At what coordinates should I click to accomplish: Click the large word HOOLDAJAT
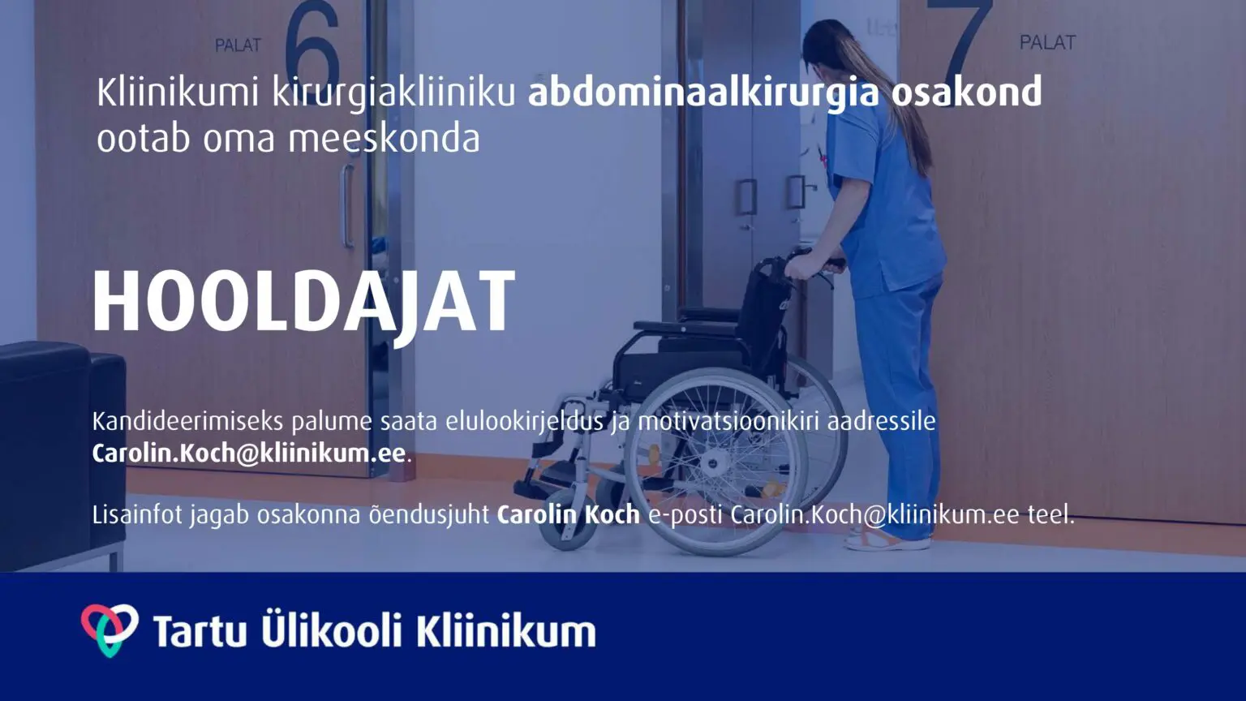tap(304, 303)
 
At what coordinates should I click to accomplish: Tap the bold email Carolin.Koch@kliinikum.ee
tap(249, 454)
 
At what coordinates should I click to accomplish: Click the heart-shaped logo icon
tap(110, 630)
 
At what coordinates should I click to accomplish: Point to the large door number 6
tap(312, 45)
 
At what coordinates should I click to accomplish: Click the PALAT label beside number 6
tap(238, 45)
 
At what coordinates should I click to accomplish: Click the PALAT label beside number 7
tap(1047, 42)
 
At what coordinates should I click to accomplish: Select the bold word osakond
tap(967, 92)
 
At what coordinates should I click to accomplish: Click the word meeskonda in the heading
tap(384, 139)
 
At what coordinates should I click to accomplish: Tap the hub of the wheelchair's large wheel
tap(714, 462)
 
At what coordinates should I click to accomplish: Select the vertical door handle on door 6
tap(348, 206)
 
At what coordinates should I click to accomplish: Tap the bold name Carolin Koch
tap(568, 515)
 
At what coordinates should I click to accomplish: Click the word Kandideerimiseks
tap(188, 422)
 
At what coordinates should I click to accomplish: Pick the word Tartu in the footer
tap(200, 631)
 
